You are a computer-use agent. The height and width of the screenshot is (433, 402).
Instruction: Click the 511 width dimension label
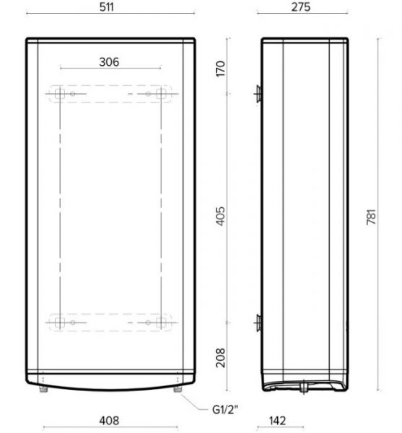pos(107,7)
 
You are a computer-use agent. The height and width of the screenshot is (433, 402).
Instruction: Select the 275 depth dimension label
pos(301,7)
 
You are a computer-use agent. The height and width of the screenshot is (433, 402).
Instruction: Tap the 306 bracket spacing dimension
pos(109,62)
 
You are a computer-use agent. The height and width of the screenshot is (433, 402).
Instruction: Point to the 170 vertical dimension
pos(220,69)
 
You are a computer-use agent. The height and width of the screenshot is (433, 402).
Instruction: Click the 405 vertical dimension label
pos(220,216)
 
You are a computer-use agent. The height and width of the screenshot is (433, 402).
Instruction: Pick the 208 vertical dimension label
pos(220,358)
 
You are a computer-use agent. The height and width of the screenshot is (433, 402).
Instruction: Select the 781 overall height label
pos(372,217)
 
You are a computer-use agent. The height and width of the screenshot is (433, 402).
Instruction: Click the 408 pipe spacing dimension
pos(109,421)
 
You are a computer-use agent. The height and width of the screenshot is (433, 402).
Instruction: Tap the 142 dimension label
pos(277,421)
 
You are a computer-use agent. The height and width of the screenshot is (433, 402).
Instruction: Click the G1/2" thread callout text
pos(224,409)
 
